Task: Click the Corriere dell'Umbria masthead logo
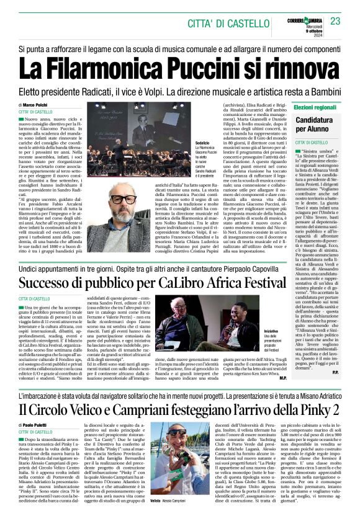coord(304,17)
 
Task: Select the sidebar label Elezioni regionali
coord(315,106)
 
